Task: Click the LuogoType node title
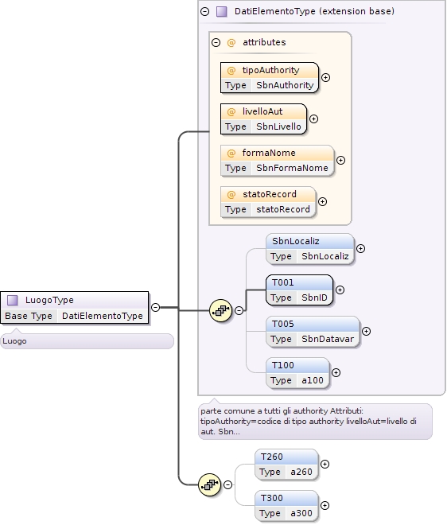tap(49, 300)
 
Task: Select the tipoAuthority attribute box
tap(270, 78)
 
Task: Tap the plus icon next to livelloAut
tap(313, 119)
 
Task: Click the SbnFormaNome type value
tap(292, 168)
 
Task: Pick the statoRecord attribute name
tap(270, 194)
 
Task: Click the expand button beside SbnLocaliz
tap(360, 248)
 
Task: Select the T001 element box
tap(299, 290)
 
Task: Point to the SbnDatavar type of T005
tap(328, 339)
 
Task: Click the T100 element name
tap(283, 365)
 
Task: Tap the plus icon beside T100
tap(336, 372)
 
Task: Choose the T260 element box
tap(286, 465)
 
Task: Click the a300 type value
tap(301, 513)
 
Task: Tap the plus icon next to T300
tap(325, 505)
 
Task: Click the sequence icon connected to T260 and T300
tap(210, 484)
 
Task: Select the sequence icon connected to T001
tap(220, 310)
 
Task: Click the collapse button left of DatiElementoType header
tap(205, 12)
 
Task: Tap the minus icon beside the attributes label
tap(216, 42)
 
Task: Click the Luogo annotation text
tap(14, 341)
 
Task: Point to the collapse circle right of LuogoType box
tap(155, 307)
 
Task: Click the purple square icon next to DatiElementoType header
tap(222, 12)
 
